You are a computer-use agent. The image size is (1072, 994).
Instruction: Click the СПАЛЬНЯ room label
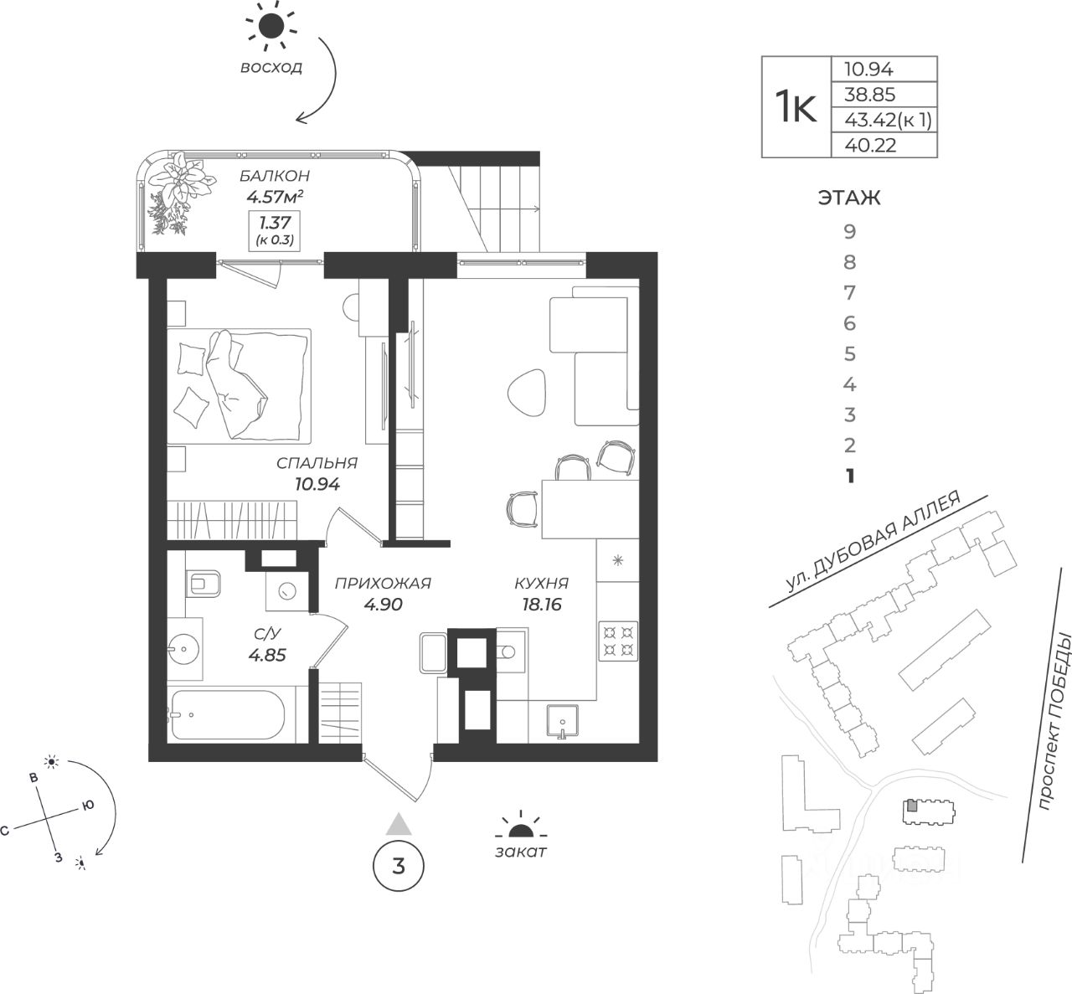[x=317, y=463]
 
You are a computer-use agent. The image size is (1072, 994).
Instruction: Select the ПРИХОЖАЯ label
[x=382, y=584]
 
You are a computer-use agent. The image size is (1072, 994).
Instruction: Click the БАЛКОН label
[x=274, y=176]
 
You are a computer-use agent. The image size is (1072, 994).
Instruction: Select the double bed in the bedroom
[x=239, y=384]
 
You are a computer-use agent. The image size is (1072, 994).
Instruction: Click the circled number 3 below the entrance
[x=398, y=866]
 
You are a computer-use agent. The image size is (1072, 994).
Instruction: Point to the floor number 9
[x=849, y=232]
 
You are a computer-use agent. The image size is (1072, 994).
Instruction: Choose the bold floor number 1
[x=849, y=476]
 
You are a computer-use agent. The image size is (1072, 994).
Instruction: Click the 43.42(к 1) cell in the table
[x=883, y=121]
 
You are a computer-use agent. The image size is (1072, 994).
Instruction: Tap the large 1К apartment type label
[x=795, y=107]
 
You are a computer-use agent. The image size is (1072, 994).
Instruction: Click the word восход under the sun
[x=271, y=69]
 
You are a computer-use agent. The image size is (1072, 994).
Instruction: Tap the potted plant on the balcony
[x=178, y=191]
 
